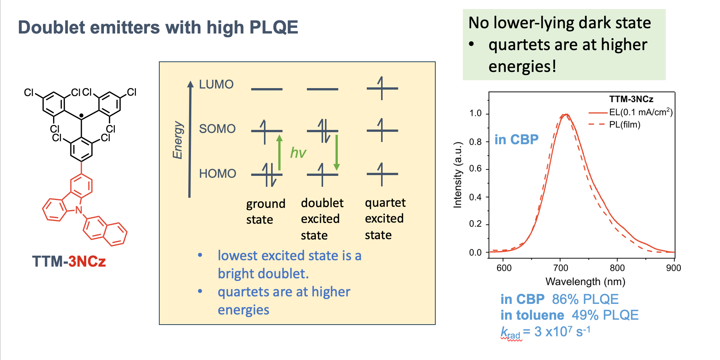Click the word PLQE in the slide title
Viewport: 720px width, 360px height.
(274, 27)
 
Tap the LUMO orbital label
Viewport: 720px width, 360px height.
(216, 84)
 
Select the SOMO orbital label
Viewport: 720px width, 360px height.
(217, 129)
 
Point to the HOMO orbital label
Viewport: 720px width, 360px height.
(218, 174)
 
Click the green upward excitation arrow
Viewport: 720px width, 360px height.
(279, 153)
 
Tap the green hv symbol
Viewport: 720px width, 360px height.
(298, 153)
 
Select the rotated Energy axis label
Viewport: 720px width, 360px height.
(177, 140)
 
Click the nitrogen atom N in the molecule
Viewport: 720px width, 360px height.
(78, 210)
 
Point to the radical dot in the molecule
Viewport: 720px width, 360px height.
(81, 115)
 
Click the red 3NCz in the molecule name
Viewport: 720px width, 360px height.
(87, 261)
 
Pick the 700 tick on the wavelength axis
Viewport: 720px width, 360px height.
(560, 268)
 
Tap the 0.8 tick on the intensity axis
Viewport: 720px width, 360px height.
(475, 142)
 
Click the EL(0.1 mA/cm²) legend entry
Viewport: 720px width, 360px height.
(641, 112)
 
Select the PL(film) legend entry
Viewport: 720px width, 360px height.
(625, 125)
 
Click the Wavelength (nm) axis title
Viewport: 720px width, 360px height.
(585, 282)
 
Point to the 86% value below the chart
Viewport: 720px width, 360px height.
(565, 299)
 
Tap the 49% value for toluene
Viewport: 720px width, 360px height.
(585, 315)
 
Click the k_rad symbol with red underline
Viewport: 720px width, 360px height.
(511, 333)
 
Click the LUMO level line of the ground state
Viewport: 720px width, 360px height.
(267, 89)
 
